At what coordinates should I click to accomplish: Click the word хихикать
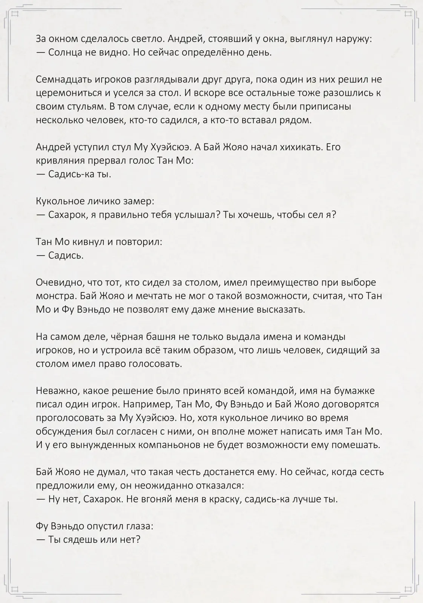[300, 147]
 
